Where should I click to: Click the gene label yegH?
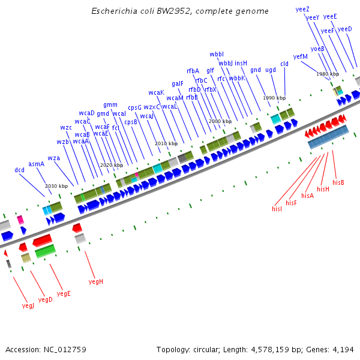click(96, 281)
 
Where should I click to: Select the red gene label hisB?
click(338, 182)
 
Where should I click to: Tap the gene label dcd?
click(20, 170)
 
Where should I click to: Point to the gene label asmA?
click(37, 164)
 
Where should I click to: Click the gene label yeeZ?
click(303, 9)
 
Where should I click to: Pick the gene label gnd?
click(256, 70)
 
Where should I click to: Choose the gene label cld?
click(284, 64)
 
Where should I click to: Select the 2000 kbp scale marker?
click(220, 121)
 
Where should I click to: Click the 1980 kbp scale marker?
click(328, 74)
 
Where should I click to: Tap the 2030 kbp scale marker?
click(56, 186)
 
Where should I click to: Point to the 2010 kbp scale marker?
click(166, 143)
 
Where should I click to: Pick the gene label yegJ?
click(28, 305)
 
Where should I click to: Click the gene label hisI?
click(277, 209)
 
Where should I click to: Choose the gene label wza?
click(54, 158)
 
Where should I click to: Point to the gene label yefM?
click(301, 56)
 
